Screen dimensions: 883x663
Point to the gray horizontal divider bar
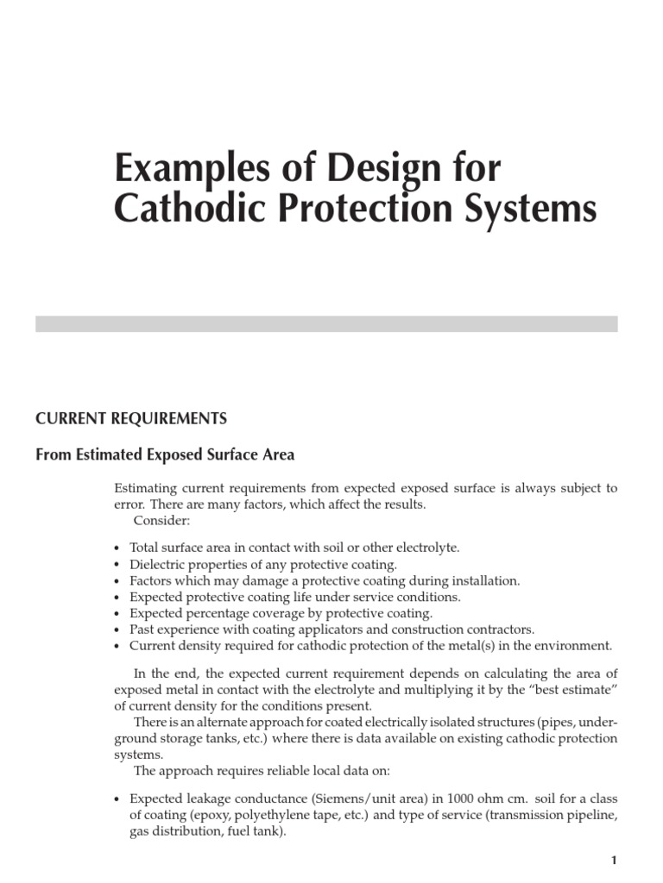pyautogui.click(x=326, y=323)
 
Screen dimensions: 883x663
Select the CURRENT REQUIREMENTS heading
pyautogui.click(x=131, y=419)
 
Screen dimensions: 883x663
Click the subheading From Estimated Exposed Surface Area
pyautogui.click(x=165, y=454)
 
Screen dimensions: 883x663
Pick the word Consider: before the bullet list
pyautogui.click(x=161, y=521)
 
